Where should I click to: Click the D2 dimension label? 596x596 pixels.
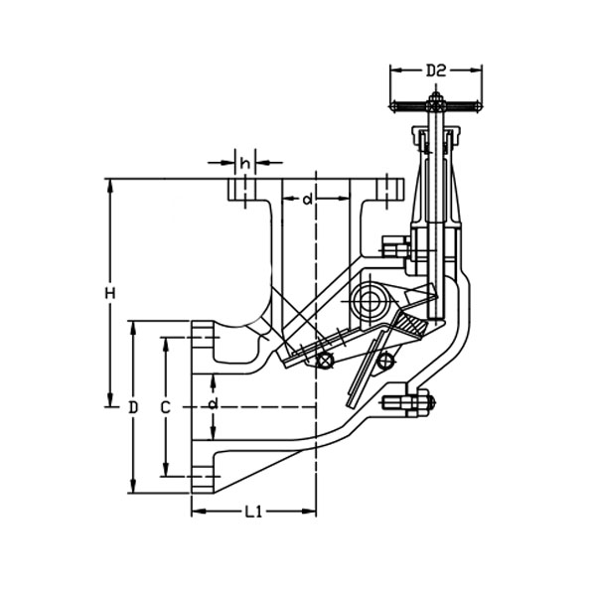(x=434, y=70)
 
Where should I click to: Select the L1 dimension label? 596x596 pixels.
(x=253, y=513)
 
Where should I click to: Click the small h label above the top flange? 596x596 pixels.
(x=244, y=161)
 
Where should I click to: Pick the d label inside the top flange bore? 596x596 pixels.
(x=308, y=200)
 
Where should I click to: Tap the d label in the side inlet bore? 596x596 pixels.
(x=213, y=403)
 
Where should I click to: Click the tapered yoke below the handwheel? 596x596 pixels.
(x=437, y=189)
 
